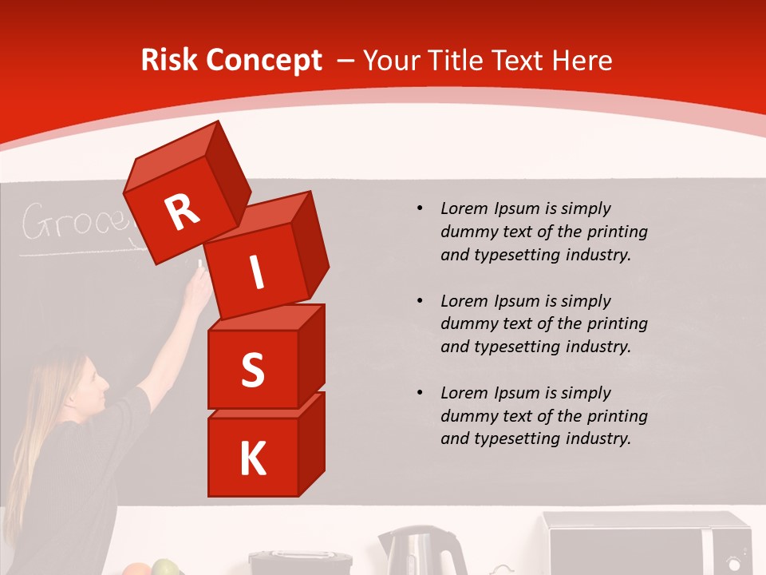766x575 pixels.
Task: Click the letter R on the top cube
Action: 182,212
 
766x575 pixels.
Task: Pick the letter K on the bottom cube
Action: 252,459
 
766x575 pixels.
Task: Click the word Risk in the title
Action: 168,61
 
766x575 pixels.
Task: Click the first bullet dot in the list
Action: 420,209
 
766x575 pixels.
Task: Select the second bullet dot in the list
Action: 420,301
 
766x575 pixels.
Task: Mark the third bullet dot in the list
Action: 420,393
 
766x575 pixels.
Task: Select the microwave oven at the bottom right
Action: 646,545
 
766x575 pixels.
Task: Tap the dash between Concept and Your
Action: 345,61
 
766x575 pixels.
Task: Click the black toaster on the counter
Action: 300,562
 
